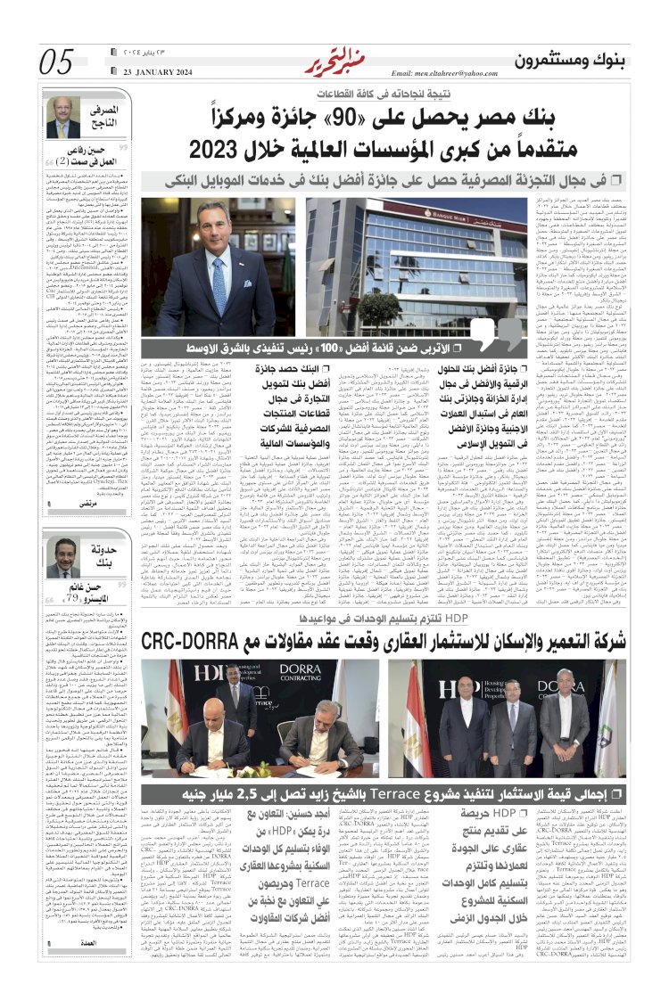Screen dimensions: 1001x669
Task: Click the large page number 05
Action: tap(57, 62)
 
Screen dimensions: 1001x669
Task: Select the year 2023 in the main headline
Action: tap(223, 148)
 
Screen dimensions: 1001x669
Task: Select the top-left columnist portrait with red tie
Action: tap(62, 118)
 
